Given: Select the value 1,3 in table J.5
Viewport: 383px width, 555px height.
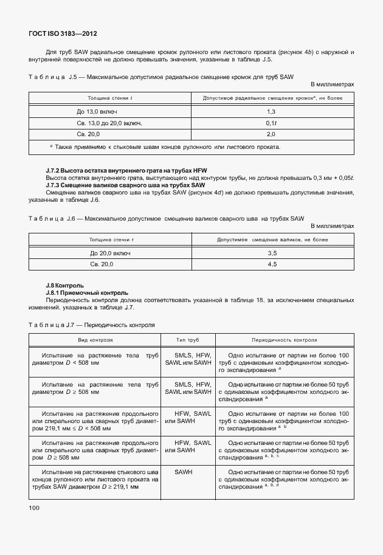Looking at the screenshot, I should coord(271,112).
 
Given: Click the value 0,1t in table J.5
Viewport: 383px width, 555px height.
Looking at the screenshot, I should coord(271,123).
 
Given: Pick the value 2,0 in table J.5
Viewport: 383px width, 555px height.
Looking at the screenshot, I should coord(271,134).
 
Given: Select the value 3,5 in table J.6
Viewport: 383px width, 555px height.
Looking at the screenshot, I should coord(272,252).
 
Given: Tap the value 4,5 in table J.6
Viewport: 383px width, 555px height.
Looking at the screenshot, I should coord(272,264).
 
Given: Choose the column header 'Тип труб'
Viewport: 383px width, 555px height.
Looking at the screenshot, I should coord(188,341).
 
